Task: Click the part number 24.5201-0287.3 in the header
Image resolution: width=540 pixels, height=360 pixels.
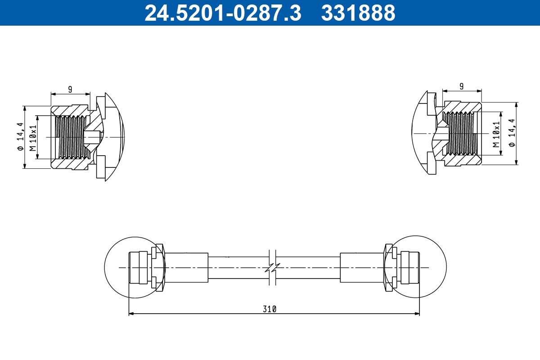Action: point(222,13)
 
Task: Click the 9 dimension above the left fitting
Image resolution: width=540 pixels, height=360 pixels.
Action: point(70,89)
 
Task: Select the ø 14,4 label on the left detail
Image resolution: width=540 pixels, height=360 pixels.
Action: point(19,137)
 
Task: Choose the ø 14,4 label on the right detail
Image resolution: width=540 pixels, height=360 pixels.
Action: point(512,133)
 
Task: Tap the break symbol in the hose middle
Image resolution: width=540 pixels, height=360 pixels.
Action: point(271,268)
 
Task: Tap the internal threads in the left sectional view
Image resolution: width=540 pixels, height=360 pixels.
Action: point(70,137)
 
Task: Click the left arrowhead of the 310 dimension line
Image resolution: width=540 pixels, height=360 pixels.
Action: point(131,313)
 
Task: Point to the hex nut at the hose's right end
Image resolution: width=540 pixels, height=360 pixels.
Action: point(388,267)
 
